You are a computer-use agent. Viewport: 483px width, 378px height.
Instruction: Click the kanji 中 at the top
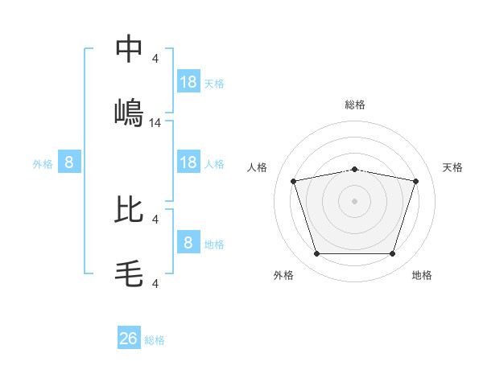pos(129,49)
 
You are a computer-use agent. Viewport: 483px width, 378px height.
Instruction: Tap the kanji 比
pos(129,209)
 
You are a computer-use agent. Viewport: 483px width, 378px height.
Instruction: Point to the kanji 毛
pos(129,273)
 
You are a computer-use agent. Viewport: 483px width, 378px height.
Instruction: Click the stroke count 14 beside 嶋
pos(155,123)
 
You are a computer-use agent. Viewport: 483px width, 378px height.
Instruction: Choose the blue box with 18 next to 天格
pos(188,81)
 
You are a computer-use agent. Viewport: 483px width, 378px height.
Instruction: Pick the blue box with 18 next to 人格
pos(188,162)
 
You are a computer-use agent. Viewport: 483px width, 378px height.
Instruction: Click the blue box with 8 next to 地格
pos(188,242)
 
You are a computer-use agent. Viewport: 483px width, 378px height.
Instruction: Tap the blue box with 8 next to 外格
pos(69,162)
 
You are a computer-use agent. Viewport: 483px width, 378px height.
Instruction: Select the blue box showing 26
pos(129,339)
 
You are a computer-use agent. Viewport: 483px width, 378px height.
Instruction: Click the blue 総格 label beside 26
pos(155,340)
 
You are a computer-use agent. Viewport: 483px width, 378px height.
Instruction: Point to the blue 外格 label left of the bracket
pos(43,163)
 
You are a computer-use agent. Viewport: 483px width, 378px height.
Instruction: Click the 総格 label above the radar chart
pos(355,105)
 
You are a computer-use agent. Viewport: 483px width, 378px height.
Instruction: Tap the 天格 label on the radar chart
pos(453,167)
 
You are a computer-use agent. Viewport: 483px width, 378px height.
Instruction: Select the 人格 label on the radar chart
pos(258,167)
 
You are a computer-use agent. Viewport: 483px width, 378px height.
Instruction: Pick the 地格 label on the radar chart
pos(422,275)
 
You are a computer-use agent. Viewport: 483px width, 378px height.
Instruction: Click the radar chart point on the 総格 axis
pos(355,169)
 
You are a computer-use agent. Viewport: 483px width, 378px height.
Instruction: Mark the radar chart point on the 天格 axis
pos(416,181)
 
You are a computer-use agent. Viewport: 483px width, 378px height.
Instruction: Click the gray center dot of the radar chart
pos(355,200)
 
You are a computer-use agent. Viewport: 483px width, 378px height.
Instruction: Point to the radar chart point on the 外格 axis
pos(316,254)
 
